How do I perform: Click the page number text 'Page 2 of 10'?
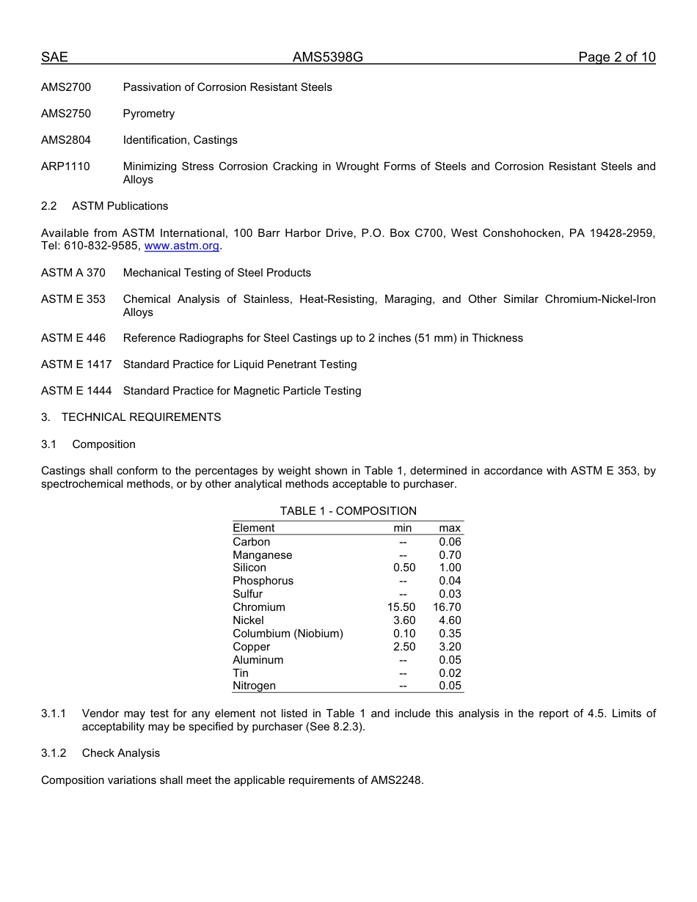616,57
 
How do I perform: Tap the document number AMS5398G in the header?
328,57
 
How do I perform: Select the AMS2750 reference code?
66,114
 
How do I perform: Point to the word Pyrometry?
149,114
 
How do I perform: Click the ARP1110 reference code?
65,166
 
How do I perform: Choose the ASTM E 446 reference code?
73,338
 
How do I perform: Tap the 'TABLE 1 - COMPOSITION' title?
348,511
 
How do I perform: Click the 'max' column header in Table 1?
450,528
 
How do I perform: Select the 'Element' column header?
253,528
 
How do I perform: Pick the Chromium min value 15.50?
401,607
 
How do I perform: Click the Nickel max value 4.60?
450,620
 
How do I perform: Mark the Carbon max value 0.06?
450,542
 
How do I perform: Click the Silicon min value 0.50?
404,568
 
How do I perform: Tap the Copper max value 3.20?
450,647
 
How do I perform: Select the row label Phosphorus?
263,581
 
